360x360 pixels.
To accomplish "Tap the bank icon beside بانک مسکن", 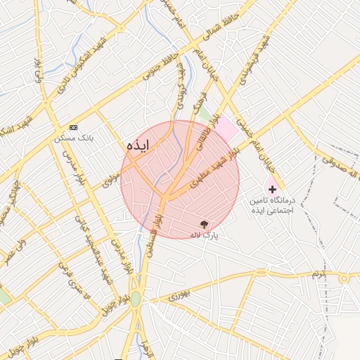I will coord(73,127).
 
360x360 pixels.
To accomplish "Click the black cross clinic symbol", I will coord(272,190).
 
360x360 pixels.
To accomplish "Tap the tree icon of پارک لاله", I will coord(204,224).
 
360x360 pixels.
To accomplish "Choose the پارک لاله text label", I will coord(205,236).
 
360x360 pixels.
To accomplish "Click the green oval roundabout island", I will coord(135,299).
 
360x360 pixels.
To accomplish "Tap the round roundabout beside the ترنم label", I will coord(345,278).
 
